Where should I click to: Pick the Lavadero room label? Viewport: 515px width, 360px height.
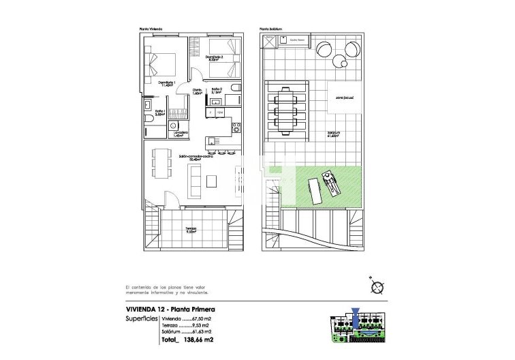(181, 133)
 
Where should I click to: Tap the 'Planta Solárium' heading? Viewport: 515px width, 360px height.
(270, 29)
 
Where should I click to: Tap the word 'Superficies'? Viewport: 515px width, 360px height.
(142, 318)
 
